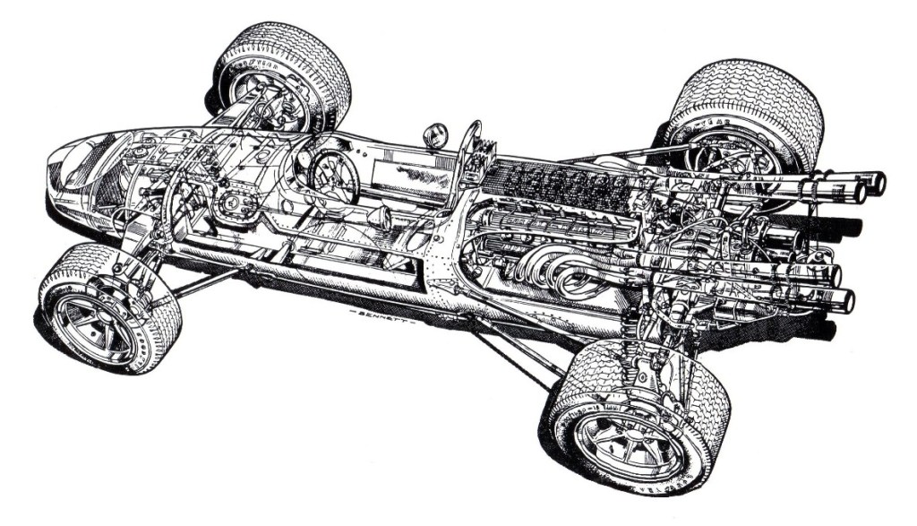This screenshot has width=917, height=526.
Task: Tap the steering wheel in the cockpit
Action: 333,176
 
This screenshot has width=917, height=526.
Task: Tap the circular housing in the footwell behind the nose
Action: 236,205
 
